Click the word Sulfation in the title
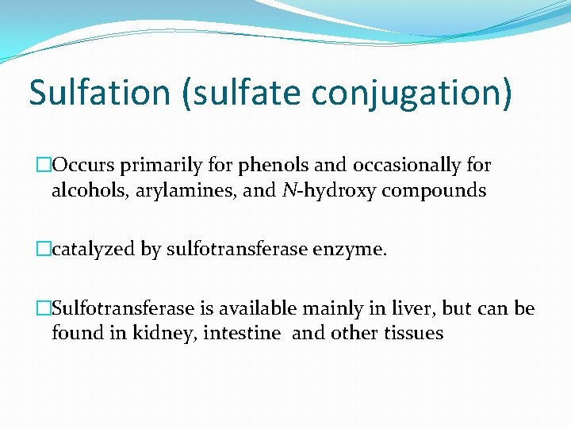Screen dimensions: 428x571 click(x=99, y=92)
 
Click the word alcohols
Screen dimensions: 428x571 click(x=87, y=190)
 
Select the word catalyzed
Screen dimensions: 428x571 click(x=93, y=250)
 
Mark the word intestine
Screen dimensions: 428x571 click(x=241, y=333)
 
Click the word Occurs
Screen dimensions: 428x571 click(x=84, y=166)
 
